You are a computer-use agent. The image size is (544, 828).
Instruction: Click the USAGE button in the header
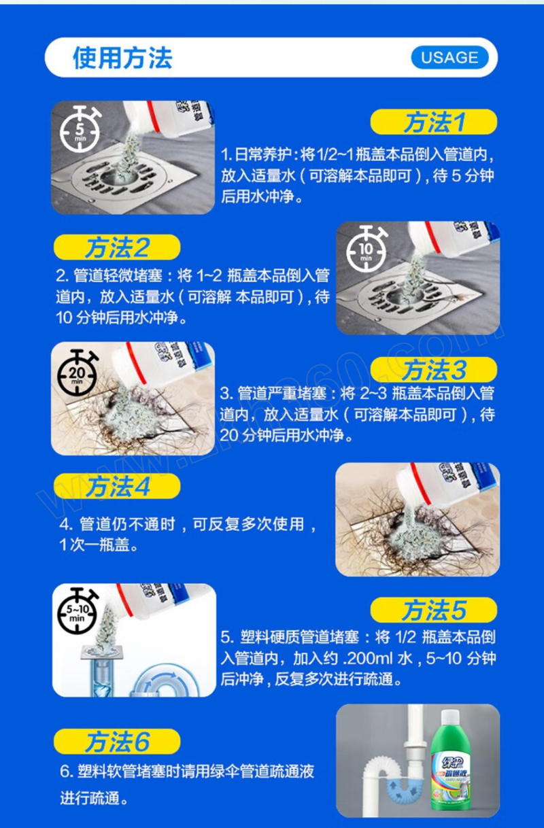[449, 58]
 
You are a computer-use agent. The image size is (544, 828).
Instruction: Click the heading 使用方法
[122, 58]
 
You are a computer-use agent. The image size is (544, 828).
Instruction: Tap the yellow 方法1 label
[433, 122]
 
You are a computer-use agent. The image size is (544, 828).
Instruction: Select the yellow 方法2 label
[117, 247]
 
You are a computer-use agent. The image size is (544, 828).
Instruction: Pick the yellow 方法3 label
[433, 370]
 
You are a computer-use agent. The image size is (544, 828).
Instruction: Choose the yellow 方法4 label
[117, 485]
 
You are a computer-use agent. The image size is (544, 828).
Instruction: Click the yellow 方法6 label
[117, 741]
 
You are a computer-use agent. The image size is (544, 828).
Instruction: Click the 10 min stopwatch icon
[367, 249]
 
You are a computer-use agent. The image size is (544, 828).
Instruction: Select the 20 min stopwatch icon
[78, 373]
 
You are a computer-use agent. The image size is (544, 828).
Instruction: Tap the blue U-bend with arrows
[404, 788]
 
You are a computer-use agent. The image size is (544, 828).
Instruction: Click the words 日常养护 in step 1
[263, 154]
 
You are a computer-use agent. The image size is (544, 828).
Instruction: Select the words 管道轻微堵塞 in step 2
[118, 276]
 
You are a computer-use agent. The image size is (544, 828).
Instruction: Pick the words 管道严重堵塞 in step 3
[282, 394]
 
